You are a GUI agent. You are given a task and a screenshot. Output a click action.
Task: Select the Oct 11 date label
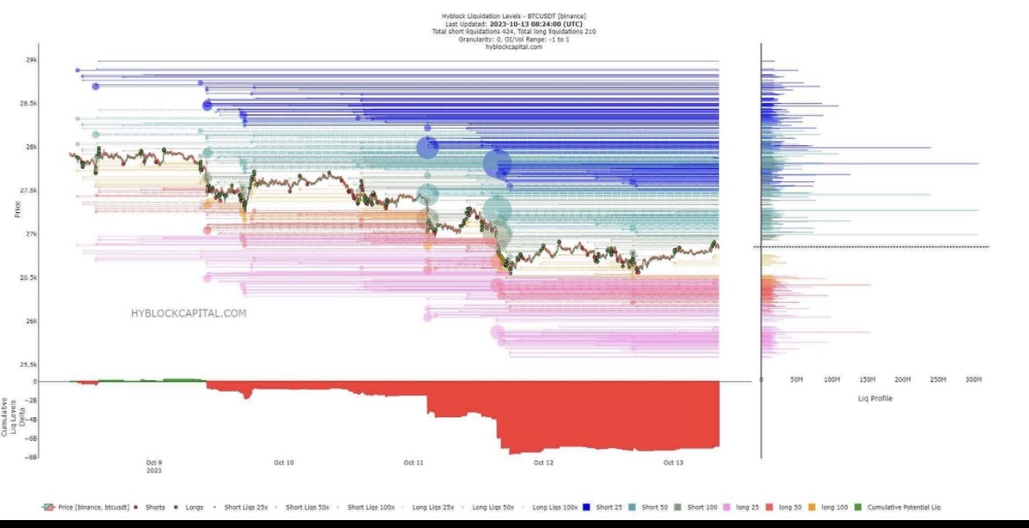pos(414,462)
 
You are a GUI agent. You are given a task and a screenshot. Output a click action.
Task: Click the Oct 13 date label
pos(673,462)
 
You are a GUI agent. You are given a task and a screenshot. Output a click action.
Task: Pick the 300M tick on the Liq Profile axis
pos(973,379)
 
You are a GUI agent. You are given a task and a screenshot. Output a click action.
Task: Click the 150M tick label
pos(867,379)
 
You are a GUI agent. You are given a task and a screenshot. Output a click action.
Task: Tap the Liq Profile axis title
pos(875,399)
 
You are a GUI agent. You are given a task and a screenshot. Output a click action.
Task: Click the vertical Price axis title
pos(17,209)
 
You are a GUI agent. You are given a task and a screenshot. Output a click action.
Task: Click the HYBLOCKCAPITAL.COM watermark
pos(188,312)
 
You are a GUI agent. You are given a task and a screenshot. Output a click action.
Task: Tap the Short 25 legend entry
pos(608,508)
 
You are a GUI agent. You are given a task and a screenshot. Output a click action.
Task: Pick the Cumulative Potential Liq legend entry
pos(899,508)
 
